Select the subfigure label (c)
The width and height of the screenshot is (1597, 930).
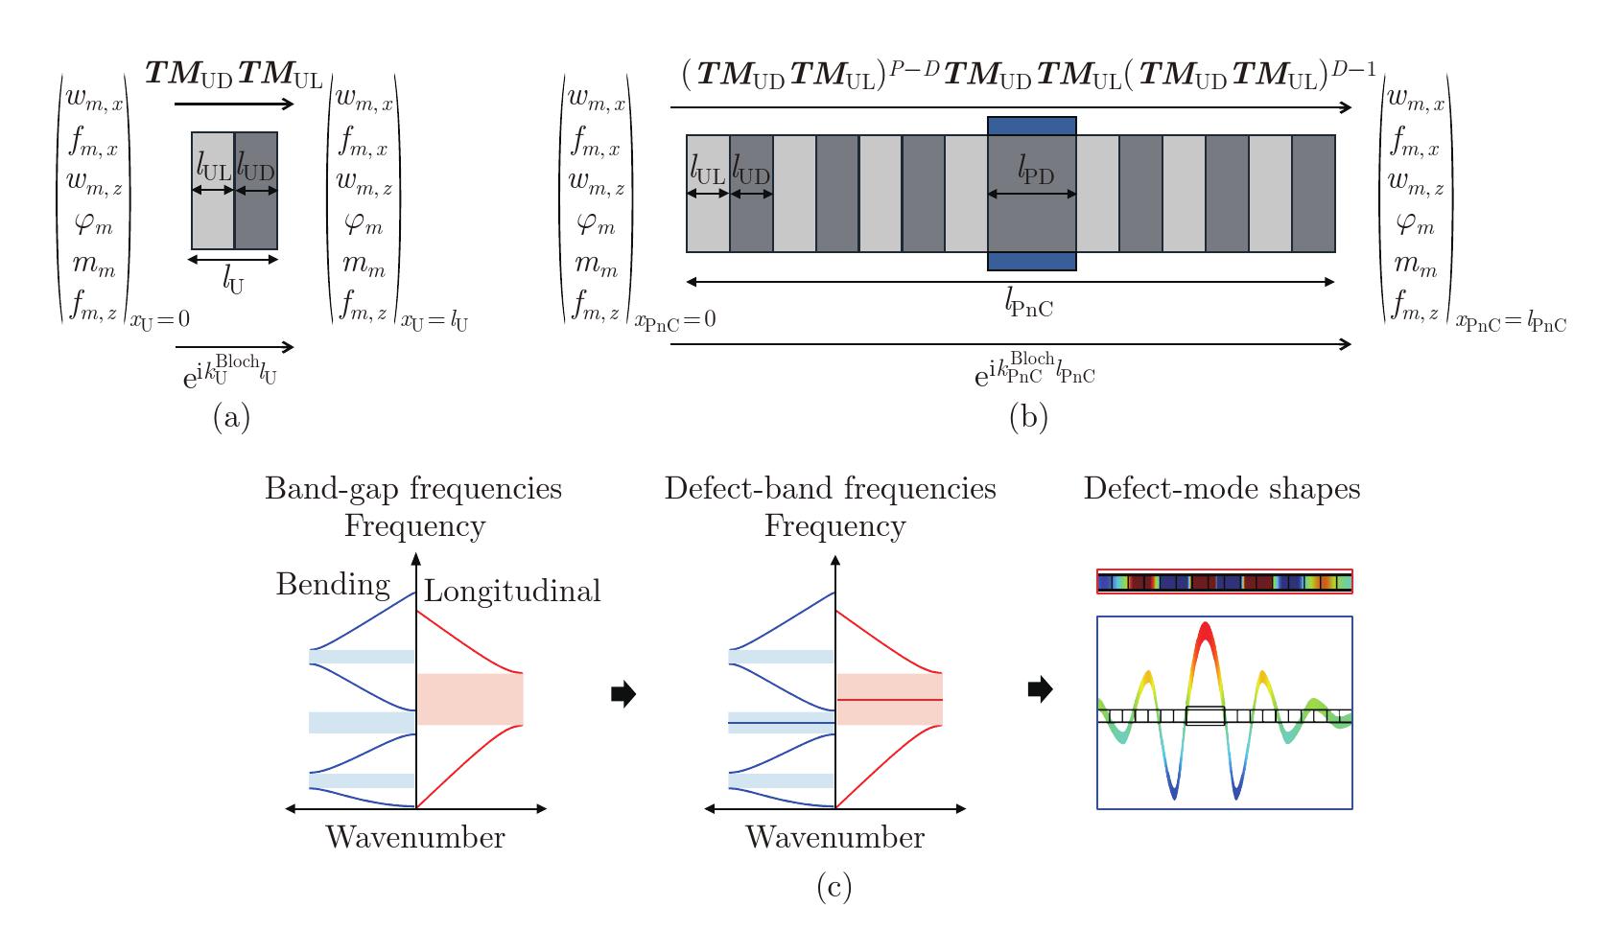834,887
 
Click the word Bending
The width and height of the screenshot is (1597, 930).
333,585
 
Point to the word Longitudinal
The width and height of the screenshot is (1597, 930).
512,591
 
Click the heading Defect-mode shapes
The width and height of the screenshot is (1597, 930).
1222,489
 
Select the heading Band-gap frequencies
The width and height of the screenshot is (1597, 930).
413,490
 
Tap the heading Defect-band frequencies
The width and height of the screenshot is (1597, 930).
831,489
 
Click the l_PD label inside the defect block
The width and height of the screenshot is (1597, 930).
1035,170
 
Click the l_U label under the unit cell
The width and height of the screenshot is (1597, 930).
233,282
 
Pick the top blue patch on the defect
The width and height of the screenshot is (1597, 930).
1032,127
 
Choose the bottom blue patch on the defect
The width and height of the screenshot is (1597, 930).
1032,261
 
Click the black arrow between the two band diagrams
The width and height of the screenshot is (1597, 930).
623,693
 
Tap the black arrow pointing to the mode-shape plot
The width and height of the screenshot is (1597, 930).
1040,688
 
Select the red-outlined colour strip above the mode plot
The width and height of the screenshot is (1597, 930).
1224,582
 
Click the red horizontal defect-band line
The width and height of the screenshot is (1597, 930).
890,700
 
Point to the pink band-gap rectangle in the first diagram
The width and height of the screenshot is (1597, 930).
470,699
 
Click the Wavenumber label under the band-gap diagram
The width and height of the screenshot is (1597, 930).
415,837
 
